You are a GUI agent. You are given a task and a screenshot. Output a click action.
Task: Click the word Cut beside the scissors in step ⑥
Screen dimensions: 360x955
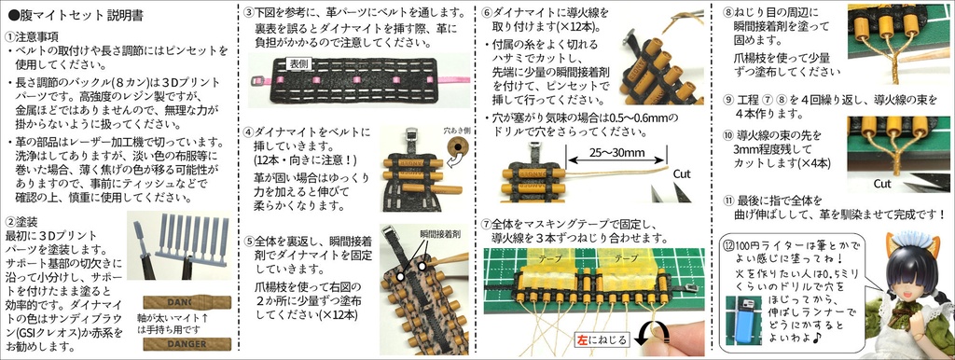pos(682,173)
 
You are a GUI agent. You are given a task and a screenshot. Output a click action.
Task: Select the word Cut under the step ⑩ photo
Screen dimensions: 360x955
pos(883,184)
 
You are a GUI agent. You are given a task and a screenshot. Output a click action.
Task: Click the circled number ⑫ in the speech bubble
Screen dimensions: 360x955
pos(730,242)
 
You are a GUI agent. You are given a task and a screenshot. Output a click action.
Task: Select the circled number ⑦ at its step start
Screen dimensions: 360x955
pos(486,224)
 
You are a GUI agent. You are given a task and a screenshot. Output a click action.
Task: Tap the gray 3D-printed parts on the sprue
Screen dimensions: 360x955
pos(191,238)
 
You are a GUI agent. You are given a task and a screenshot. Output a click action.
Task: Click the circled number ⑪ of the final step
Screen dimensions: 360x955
pos(730,201)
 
